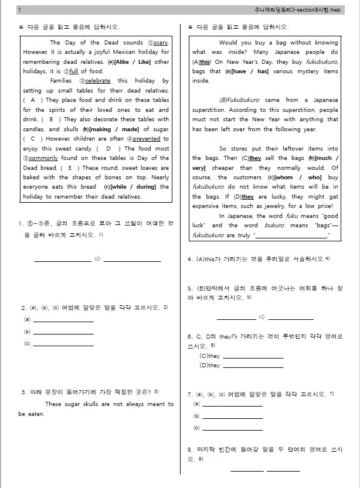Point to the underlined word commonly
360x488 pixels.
40,158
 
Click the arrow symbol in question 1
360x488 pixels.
98,258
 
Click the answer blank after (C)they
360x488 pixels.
253,356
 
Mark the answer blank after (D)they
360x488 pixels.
253,366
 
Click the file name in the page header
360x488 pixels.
301,10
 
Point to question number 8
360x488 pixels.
190,449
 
